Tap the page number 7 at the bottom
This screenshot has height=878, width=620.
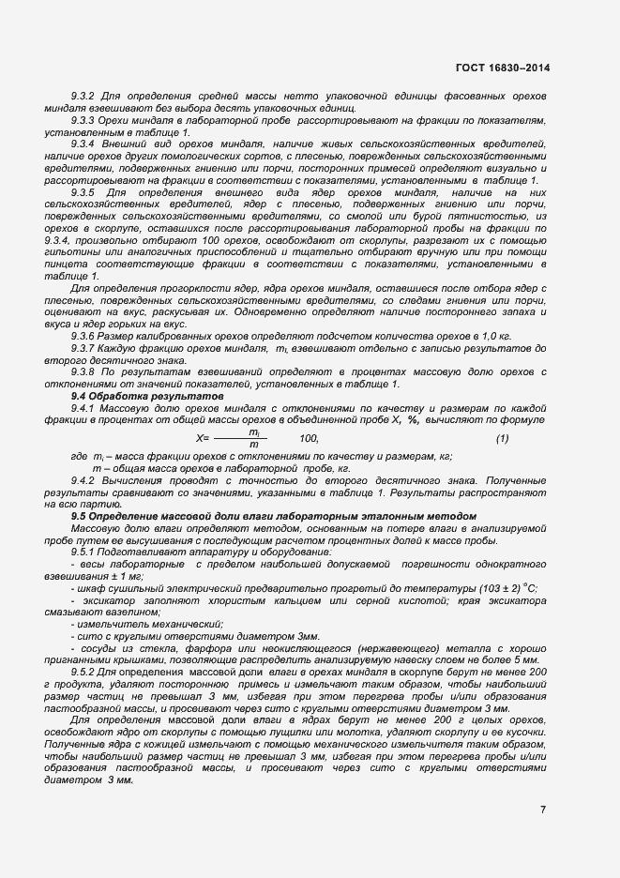click(x=543, y=809)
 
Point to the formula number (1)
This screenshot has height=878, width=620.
click(x=502, y=439)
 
